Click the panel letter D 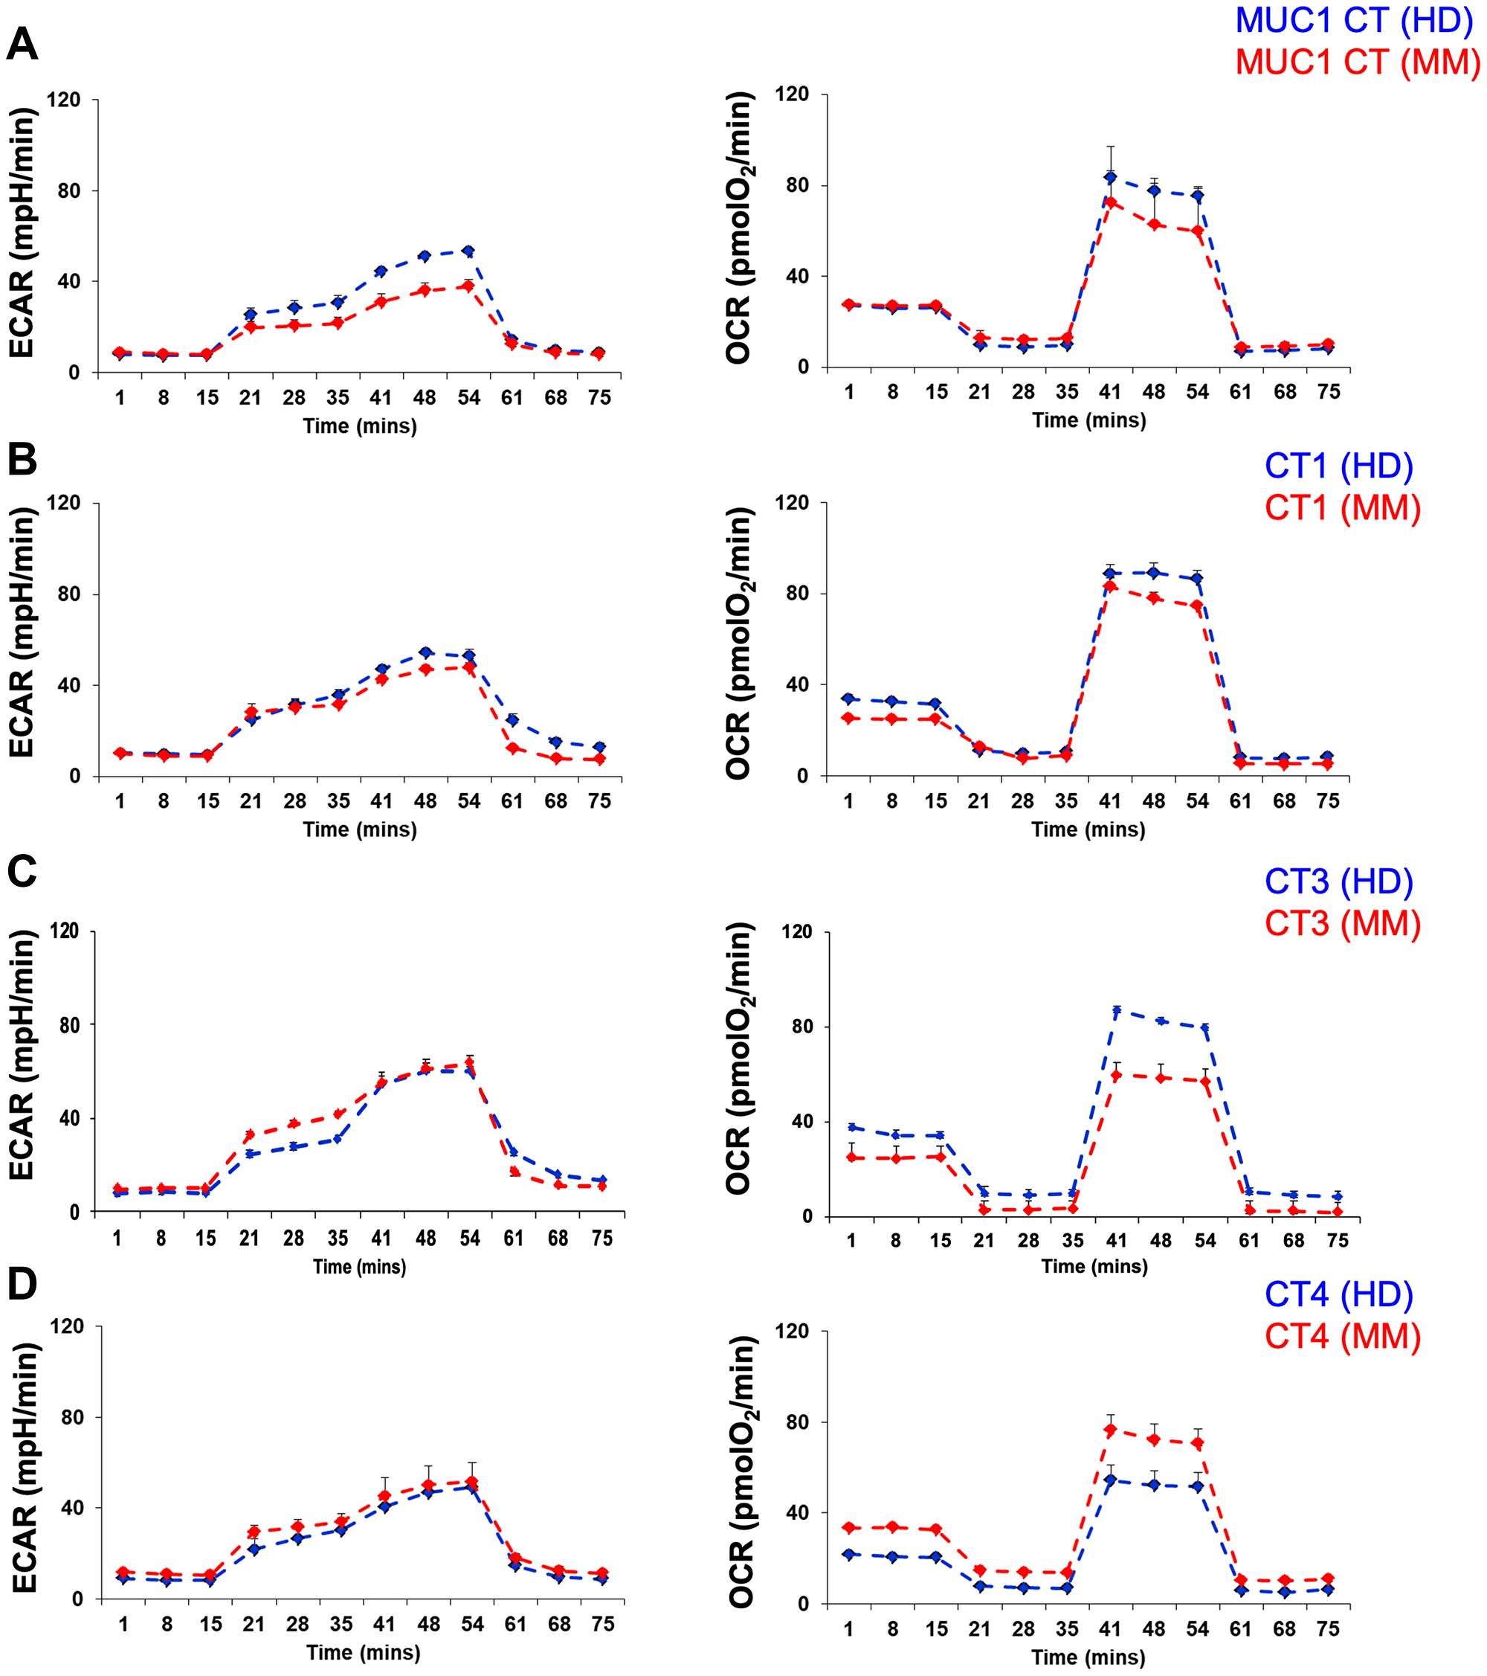[22, 1284]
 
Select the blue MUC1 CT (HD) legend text [1354, 21]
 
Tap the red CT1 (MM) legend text [1342, 508]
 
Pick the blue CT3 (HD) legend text [1338, 882]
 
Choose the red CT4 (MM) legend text [1342, 1337]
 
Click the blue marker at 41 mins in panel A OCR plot [1110, 177]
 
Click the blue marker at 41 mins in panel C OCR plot [1117, 1011]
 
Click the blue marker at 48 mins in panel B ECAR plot [425, 652]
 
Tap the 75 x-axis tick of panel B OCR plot [1328, 801]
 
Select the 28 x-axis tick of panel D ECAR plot [297, 1625]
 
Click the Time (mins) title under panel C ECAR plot [359, 1267]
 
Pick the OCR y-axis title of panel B [739, 643]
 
